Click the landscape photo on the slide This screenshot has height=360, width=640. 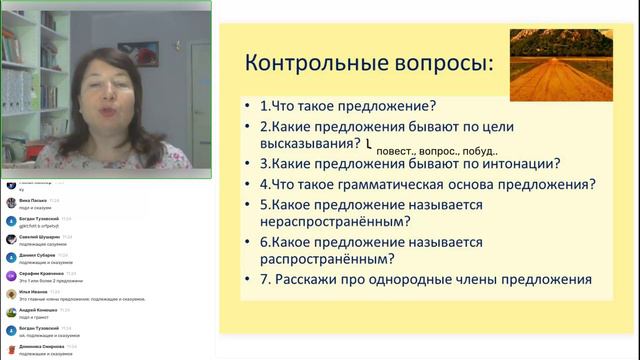560,64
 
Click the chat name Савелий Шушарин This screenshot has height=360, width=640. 42,237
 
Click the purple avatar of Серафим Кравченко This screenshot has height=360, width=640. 11,276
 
